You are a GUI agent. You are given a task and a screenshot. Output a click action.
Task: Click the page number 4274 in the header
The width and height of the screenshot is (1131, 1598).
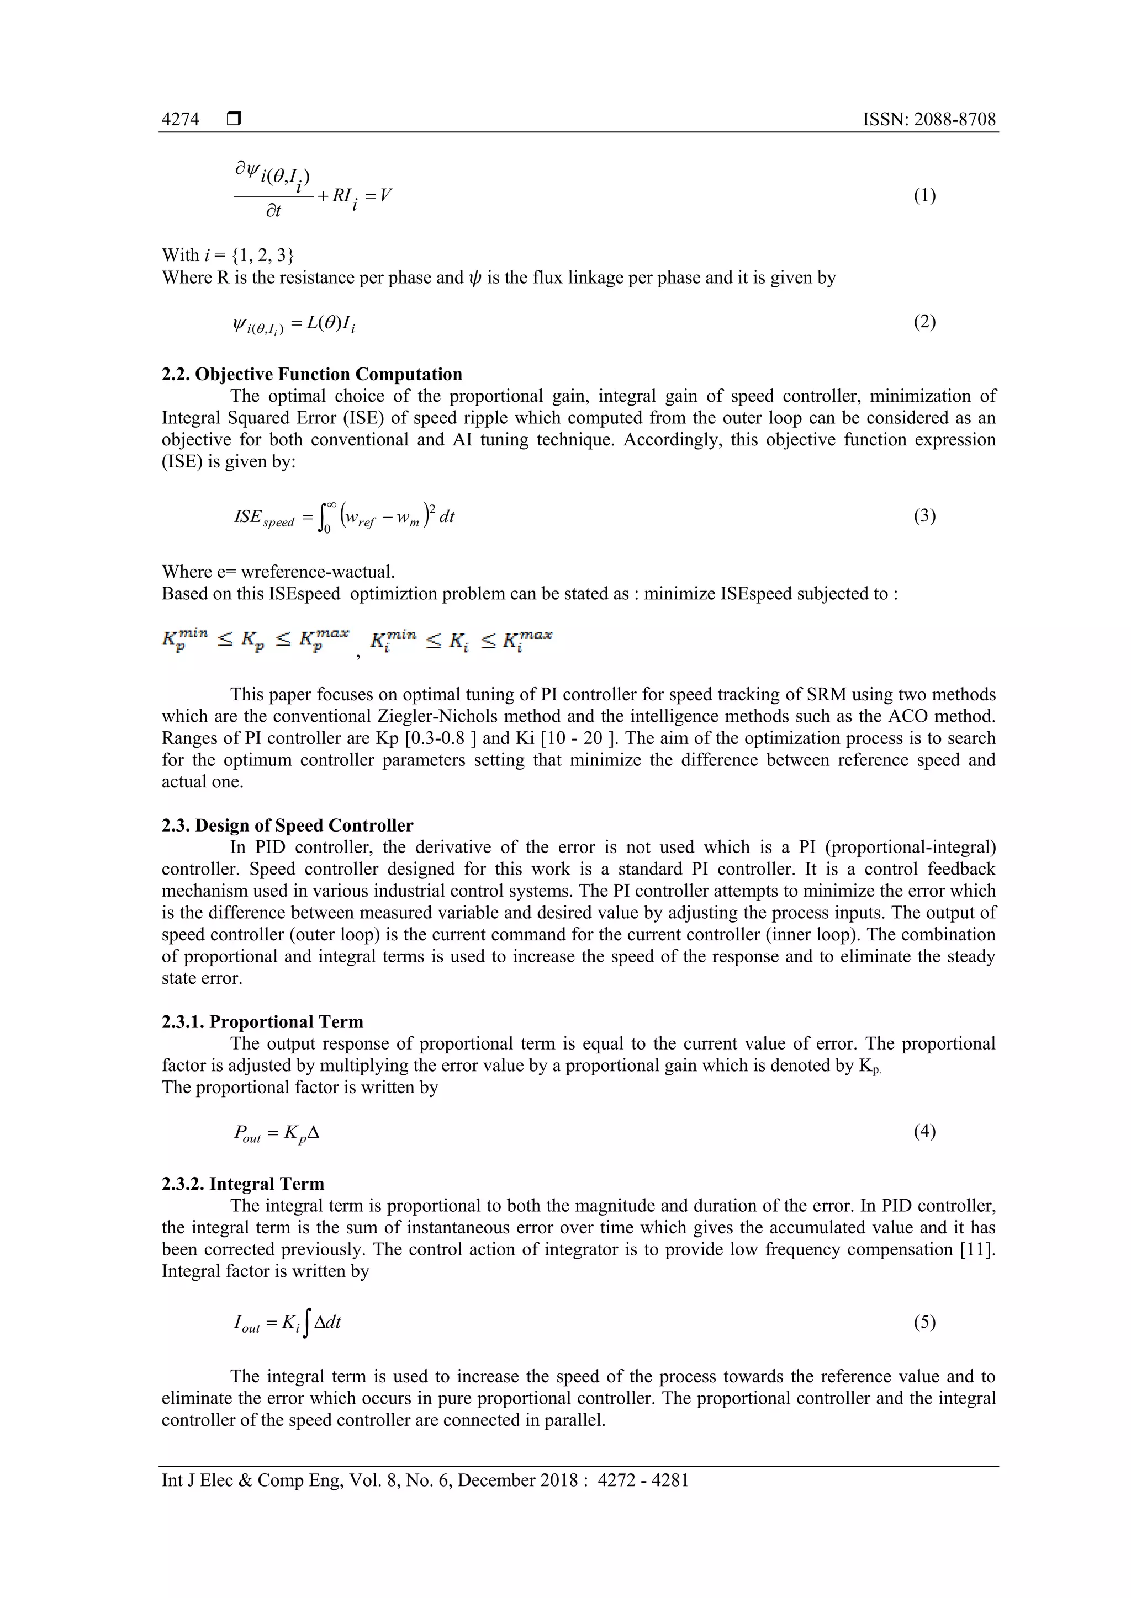point(181,120)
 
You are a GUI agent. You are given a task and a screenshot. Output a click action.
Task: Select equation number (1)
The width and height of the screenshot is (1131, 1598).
point(924,195)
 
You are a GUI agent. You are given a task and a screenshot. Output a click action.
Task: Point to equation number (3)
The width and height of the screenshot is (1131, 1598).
point(924,516)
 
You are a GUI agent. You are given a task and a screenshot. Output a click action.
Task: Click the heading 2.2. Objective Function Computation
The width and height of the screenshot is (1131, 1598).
point(312,375)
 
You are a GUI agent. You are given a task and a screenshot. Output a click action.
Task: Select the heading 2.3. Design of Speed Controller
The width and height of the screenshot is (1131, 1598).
point(288,825)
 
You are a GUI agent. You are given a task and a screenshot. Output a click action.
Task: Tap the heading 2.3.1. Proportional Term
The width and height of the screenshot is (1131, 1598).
point(262,1022)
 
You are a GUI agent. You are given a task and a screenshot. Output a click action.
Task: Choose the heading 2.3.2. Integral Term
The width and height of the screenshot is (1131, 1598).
point(243,1184)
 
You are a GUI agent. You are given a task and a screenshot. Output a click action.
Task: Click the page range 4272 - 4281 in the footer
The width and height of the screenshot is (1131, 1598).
point(643,1480)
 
